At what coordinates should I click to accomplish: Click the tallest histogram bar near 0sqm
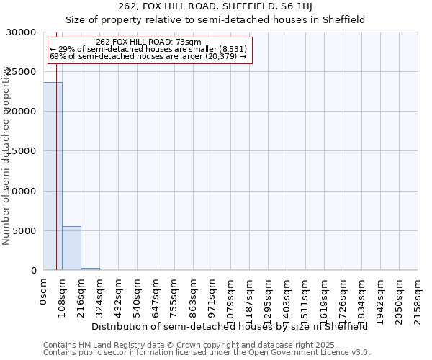pyautogui.click(x=53, y=176)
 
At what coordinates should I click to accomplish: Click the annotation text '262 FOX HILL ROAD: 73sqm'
pyautogui.click(x=148, y=42)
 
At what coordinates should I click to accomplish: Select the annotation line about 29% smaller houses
pyautogui.click(x=148, y=49)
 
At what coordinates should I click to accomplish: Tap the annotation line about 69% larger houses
pyautogui.click(x=148, y=56)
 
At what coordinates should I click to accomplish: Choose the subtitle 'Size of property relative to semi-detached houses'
pyautogui.click(x=215, y=20)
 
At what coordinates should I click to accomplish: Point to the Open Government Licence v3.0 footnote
pyautogui.click(x=207, y=353)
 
